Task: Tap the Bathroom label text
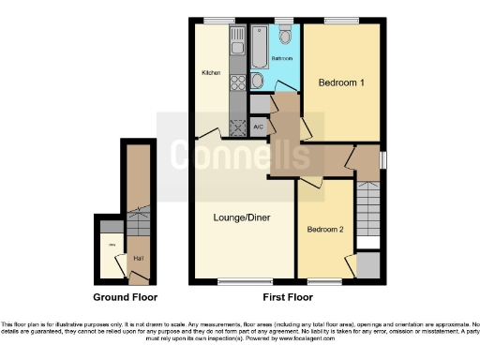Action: (x=283, y=59)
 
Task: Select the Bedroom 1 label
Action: (x=341, y=82)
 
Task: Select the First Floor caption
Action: (x=287, y=297)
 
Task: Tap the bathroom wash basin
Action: (x=256, y=81)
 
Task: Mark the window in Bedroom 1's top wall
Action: (x=338, y=21)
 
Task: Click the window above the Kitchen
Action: (x=221, y=21)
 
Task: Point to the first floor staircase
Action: (x=368, y=208)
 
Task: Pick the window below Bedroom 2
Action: (x=323, y=281)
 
